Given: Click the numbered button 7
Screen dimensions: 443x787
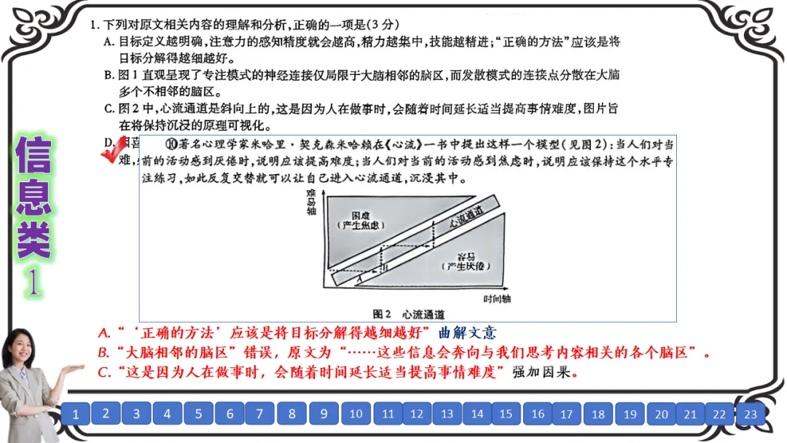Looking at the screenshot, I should pyautogui.click(x=260, y=414).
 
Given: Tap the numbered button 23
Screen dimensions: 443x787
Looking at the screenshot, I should pyautogui.click(x=750, y=414).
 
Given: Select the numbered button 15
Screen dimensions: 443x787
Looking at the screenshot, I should pyautogui.click(x=506, y=414).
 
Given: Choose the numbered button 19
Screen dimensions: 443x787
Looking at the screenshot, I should pyautogui.click(x=630, y=414).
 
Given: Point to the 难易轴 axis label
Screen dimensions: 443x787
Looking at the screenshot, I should pyautogui.click(x=311, y=201).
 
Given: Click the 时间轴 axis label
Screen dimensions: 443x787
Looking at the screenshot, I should pyautogui.click(x=498, y=299).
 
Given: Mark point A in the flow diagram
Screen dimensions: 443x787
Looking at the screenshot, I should pyautogui.click(x=359, y=278).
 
